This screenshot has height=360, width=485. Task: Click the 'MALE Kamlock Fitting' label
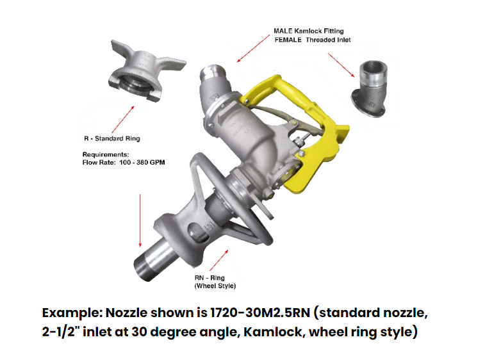click(x=309, y=31)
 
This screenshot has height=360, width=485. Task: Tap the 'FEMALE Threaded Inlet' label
click(x=313, y=40)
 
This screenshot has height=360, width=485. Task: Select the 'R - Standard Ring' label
click(x=112, y=138)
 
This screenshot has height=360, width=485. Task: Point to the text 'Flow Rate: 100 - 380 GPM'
click(x=124, y=162)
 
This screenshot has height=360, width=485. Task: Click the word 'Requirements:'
click(x=106, y=154)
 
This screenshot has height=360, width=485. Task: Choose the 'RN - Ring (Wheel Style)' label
click(x=215, y=282)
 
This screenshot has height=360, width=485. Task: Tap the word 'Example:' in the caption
click(x=72, y=313)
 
